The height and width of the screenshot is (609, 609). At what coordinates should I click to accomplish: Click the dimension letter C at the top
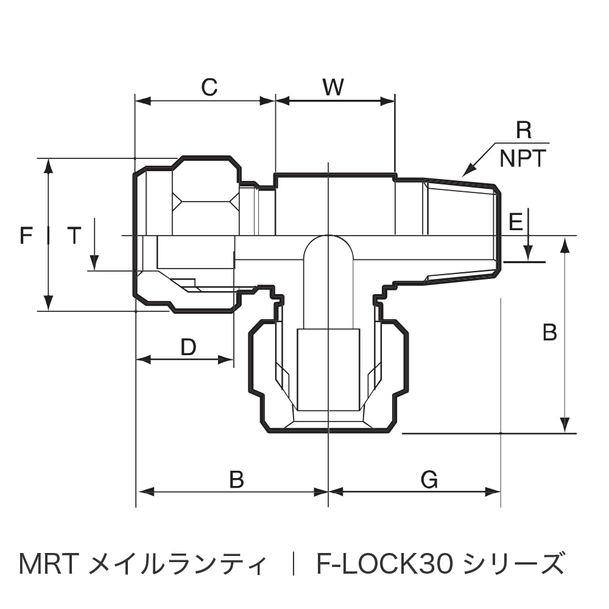tap(209, 88)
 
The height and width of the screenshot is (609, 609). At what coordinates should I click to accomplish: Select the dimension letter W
tap(334, 88)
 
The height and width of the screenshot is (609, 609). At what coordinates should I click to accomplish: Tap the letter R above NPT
tap(523, 130)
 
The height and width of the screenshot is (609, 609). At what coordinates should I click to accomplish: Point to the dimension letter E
tap(515, 222)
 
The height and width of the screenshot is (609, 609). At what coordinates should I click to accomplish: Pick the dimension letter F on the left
tap(26, 235)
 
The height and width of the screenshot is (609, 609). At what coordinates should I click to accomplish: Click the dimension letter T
tap(73, 235)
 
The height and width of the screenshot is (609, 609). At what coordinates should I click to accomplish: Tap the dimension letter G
tap(429, 481)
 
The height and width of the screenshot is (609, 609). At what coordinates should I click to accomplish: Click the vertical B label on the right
tap(549, 333)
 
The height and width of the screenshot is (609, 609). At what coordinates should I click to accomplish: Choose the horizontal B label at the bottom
tap(237, 481)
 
